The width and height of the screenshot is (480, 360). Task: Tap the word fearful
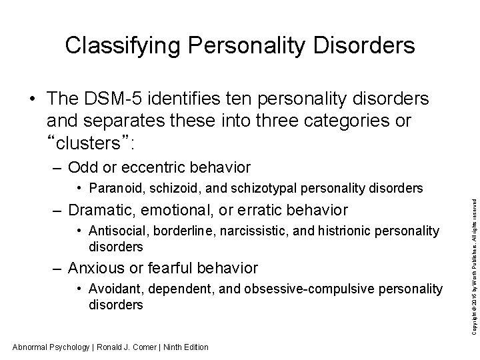point(189,268)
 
